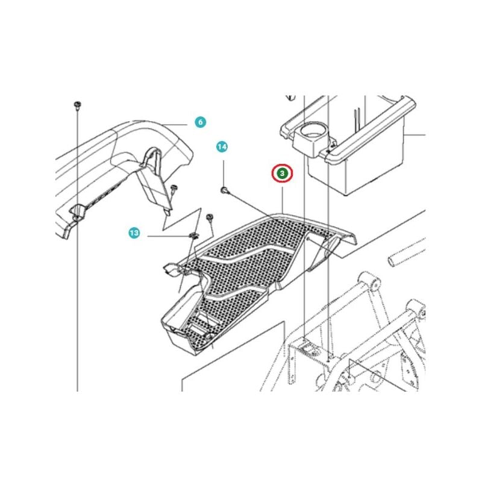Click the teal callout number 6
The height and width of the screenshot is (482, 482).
tap(201, 122)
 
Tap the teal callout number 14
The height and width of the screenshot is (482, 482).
tap(222, 147)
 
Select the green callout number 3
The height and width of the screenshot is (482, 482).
tap(282, 174)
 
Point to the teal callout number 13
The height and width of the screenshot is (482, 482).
tap(134, 233)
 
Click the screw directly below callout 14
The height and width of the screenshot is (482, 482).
tap(225, 190)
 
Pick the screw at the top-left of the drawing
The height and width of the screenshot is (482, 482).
tap(77, 105)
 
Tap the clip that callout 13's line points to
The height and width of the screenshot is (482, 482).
tap(193, 236)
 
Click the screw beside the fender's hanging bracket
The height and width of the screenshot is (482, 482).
tap(174, 188)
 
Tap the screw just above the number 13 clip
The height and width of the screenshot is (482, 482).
tap(210, 217)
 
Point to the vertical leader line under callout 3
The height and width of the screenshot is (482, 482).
tap(282, 201)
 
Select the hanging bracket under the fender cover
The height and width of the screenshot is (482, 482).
tap(154, 181)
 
